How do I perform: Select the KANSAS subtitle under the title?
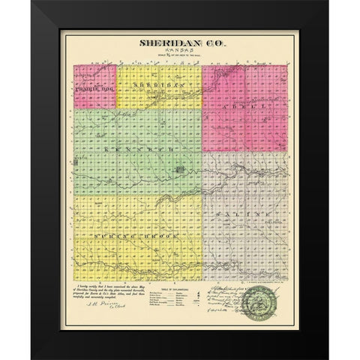[181, 53]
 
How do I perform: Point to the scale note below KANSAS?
[181, 59]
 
